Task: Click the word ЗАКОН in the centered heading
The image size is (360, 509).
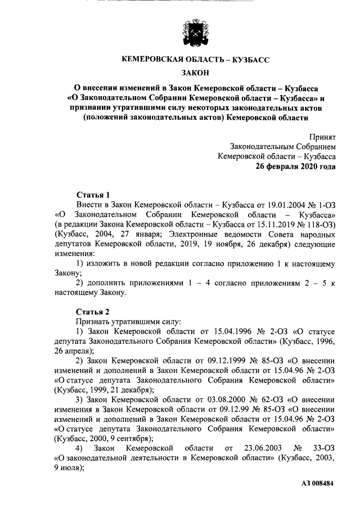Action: coord(196,72)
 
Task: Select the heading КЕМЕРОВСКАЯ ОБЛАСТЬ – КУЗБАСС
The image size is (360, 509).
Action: coord(196,58)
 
